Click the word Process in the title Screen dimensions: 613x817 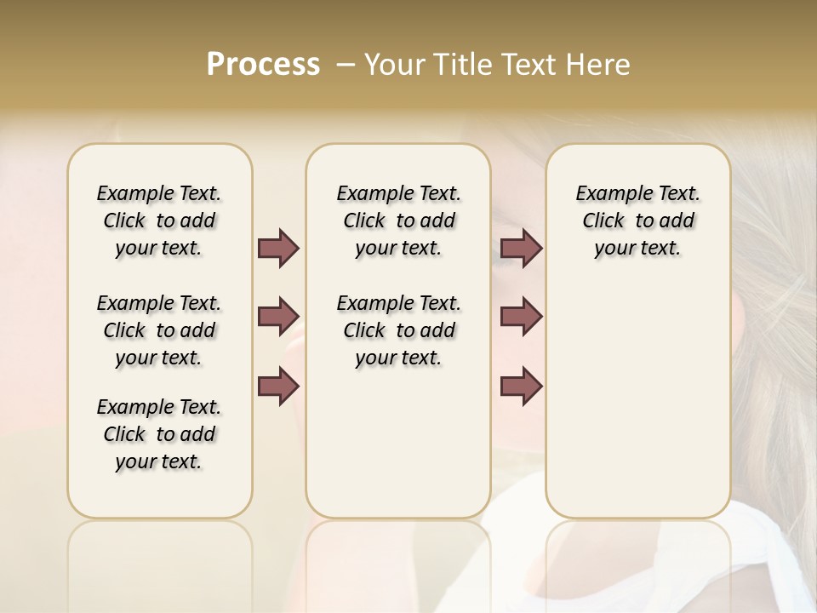pyautogui.click(x=263, y=65)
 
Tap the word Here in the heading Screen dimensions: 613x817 pyautogui.click(x=599, y=65)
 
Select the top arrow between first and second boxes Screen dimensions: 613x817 pyautogui.click(x=278, y=248)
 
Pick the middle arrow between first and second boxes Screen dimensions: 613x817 pyautogui.click(x=278, y=317)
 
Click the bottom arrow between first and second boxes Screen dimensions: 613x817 pyautogui.click(x=278, y=387)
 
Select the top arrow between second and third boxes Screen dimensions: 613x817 pyautogui.click(x=521, y=248)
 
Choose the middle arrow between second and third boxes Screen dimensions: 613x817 pyautogui.click(x=521, y=317)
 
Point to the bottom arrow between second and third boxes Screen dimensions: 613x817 pyautogui.click(x=521, y=387)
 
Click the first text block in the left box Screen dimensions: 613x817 pyautogui.click(x=159, y=221)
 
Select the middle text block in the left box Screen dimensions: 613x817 pyautogui.click(x=159, y=330)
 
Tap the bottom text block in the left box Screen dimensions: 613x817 pyautogui.click(x=159, y=434)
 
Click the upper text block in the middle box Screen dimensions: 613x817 pyautogui.click(x=398, y=221)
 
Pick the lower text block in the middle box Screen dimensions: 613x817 pyautogui.click(x=398, y=330)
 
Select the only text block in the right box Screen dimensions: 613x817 pyautogui.click(x=637, y=221)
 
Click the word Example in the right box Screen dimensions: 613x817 pyautogui.click(x=607, y=194)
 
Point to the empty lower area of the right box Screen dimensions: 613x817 pyautogui.click(x=637, y=400)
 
